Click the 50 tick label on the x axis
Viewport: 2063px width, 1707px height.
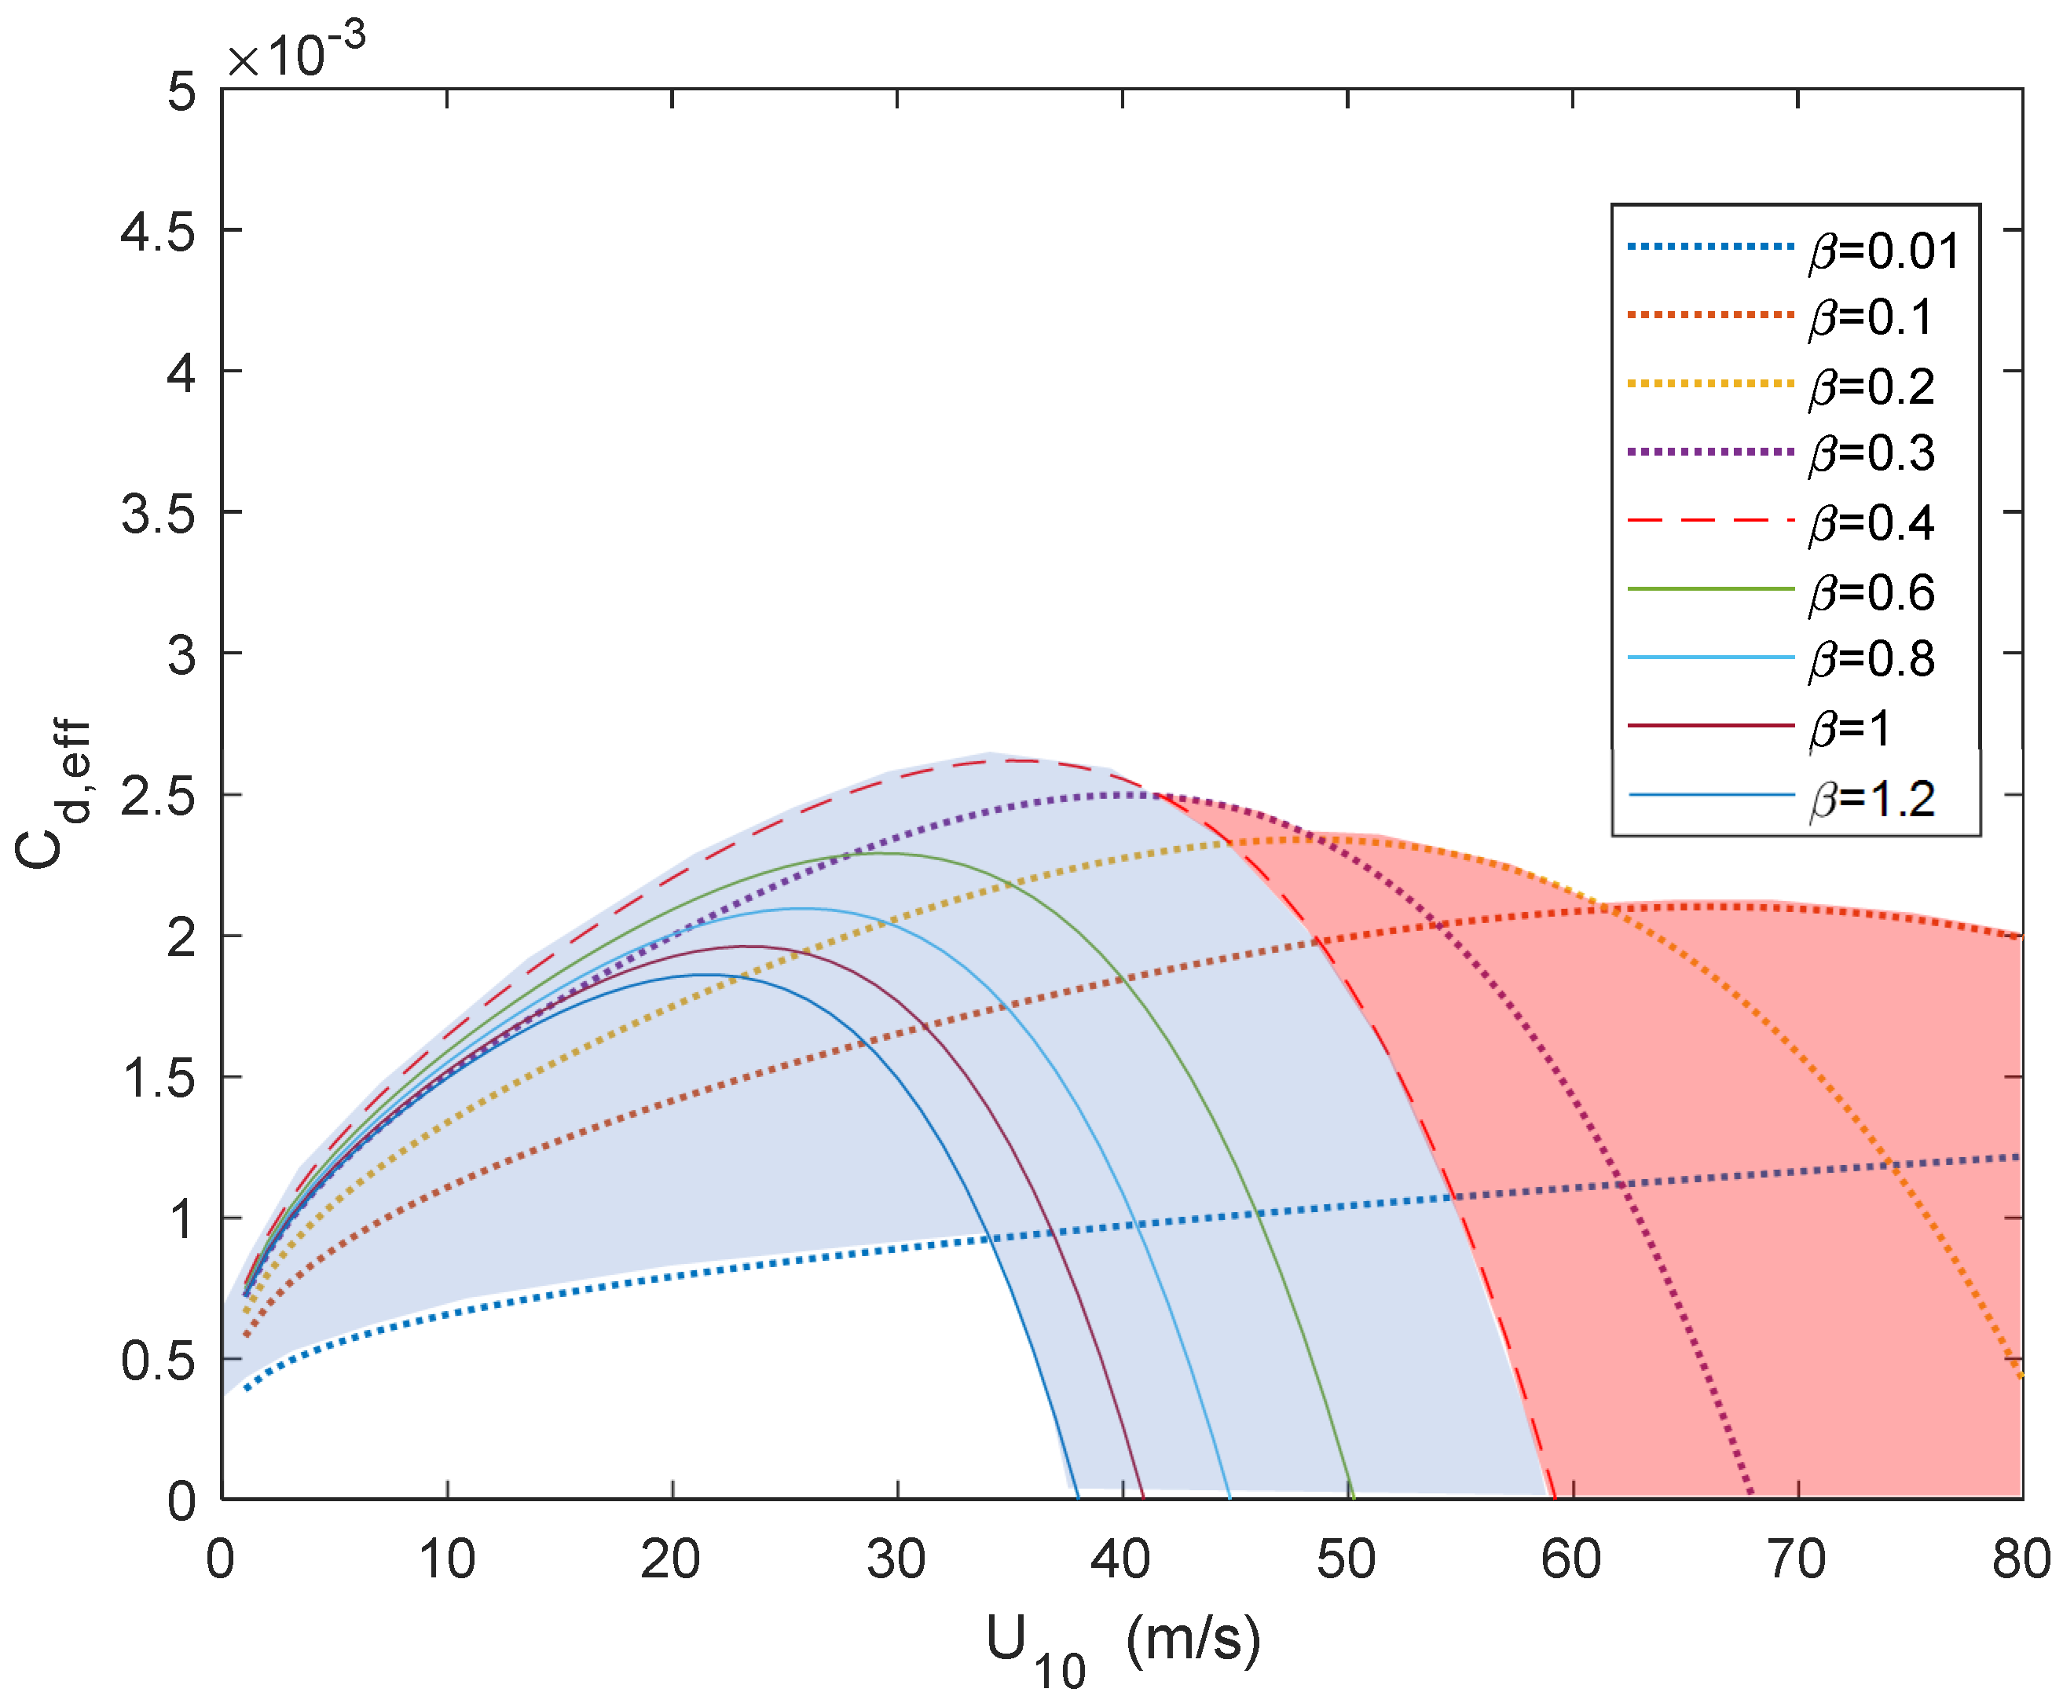pyautogui.click(x=1346, y=1559)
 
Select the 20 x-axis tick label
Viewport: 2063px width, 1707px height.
pyautogui.click(x=671, y=1559)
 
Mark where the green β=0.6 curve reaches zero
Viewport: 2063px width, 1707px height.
pyautogui.click(x=1353, y=1498)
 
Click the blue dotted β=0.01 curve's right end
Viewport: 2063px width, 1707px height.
pyautogui.click(x=2020, y=1157)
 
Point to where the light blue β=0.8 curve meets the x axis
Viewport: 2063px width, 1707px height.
pyautogui.click(x=1229, y=1498)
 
